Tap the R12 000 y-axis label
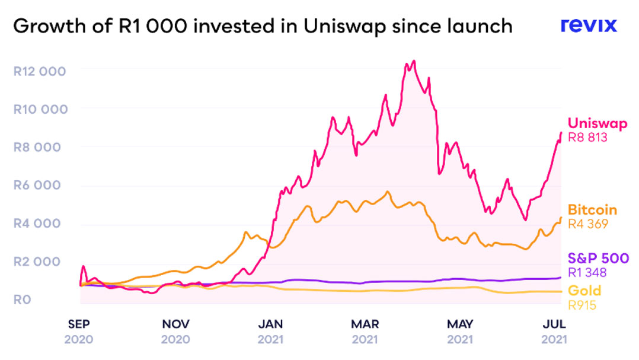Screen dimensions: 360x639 pyautogui.click(x=39, y=71)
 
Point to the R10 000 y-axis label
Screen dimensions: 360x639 pyautogui.click(x=39, y=109)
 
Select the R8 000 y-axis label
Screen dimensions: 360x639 pyautogui.click(x=37, y=147)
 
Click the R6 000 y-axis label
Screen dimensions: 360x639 pyautogui.click(x=37, y=185)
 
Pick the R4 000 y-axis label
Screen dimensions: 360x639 pyautogui.click(x=37, y=224)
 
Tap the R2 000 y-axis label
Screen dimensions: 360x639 pyautogui.click(x=37, y=262)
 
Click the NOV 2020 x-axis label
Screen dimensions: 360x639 pyautogui.click(x=175, y=332)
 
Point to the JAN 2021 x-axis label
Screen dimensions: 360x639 pyautogui.click(x=271, y=332)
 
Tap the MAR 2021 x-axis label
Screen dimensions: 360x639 pyautogui.click(x=365, y=332)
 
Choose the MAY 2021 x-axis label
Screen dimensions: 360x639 pyautogui.click(x=460, y=332)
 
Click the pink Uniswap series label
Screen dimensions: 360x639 pyautogui.click(x=597, y=123)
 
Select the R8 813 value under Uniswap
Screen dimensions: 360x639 pyautogui.click(x=588, y=138)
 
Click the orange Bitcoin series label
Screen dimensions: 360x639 pyautogui.click(x=592, y=210)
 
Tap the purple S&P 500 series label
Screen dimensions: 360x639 pyautogui.click(x=598, y=259)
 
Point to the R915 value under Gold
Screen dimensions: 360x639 pyautogui.click(x=582, y=305)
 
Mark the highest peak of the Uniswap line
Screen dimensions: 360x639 pyautogui.click(x=413, y=61)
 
